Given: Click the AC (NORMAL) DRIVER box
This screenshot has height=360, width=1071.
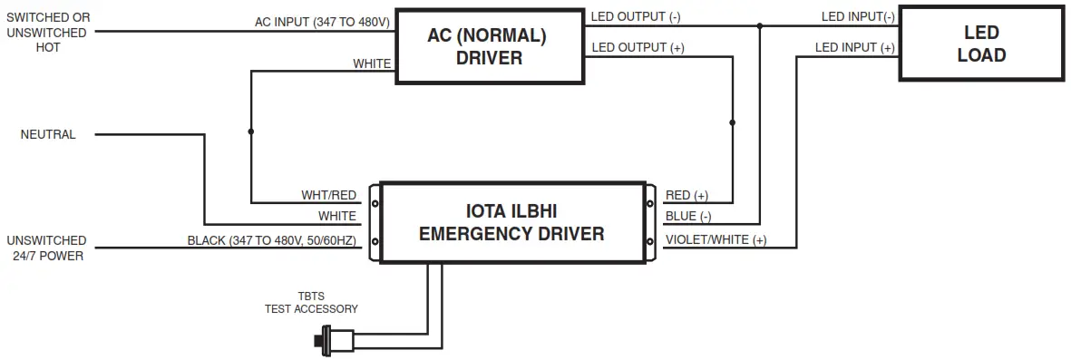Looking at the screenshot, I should tap(489, 46).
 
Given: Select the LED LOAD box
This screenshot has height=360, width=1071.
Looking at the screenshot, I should tap(981, 44).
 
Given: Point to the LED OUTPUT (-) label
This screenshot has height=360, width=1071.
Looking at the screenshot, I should tap(636, 16).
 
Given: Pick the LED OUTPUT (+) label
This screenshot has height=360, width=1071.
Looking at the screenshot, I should tap(637, 48).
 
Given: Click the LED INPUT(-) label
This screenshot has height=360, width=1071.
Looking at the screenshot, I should tap(858, 16).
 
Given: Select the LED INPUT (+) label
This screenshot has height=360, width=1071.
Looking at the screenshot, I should tap(855, 47).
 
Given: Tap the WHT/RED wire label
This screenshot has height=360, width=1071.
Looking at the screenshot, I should tap(328, 195).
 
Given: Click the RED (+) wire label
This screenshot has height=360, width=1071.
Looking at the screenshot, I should tap(687, 195).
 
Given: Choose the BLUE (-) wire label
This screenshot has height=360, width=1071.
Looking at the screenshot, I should tap(687, 217).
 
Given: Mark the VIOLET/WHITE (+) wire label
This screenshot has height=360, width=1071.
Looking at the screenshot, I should tap(716, 240).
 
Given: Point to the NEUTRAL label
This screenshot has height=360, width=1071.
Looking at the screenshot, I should tap(48, 134).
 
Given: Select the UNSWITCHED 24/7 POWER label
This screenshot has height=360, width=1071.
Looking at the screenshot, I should tap(46, 248).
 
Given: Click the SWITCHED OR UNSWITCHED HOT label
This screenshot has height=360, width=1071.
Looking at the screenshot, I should tap(47, 33).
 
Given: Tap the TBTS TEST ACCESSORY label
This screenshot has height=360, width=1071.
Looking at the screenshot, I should tap(310, 303).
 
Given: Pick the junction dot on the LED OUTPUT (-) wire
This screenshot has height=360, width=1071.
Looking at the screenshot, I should tap(760, 26).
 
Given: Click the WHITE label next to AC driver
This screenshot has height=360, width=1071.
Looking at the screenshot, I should tap(372, 64).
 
